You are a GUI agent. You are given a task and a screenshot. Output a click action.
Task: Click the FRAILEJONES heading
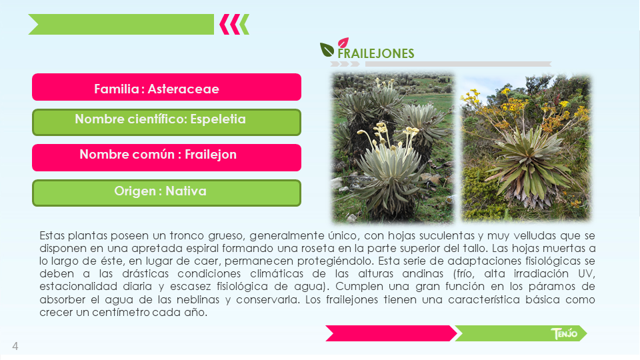(x=375, y=53)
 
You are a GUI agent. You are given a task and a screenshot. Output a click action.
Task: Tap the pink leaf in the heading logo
(x=343, y=43)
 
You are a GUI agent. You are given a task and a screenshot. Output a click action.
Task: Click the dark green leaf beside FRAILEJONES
(x=327, y=50)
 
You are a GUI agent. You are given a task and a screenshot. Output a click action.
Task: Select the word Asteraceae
(x=183, y=89)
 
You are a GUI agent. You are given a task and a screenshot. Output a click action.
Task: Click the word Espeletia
(x=218, y=119)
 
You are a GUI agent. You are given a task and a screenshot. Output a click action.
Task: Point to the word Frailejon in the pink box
(x=211, y=154)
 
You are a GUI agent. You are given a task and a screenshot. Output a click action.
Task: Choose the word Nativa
(x=186, y=191)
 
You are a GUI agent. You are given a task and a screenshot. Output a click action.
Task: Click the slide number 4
(x=15, y=346)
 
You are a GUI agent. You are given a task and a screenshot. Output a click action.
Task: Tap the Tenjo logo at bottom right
(x=564, y=333)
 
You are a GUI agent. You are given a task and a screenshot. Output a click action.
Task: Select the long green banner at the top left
(x=121, y=25)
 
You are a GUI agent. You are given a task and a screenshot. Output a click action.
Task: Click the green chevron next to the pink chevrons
(x=244, y=25)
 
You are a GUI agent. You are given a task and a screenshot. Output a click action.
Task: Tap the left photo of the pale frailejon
(x=393, y=148)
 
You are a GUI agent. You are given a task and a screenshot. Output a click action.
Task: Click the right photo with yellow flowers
(x=526, y=148)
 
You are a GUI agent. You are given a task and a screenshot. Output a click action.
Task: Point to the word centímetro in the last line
(x=121, y=312)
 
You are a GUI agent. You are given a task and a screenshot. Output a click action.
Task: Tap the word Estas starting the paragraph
(x=52, y=235)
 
